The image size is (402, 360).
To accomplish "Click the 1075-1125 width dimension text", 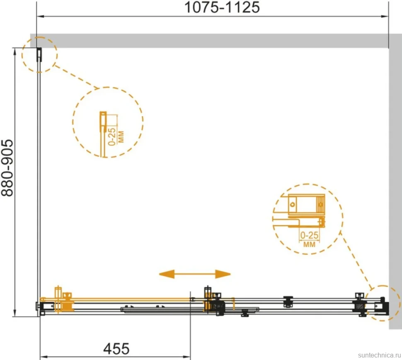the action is [222, 7].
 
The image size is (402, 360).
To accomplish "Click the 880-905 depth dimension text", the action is [7, 168].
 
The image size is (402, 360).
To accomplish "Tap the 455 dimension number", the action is [116, 349].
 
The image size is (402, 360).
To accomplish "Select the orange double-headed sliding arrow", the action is [195, 274].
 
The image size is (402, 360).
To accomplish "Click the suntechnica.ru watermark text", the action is [380, 355].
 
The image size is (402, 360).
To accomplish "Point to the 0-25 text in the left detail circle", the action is [112, 137].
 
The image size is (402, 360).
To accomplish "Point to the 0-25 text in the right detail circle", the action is [309, 235].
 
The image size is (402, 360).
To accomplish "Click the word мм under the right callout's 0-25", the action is [309, 244].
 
